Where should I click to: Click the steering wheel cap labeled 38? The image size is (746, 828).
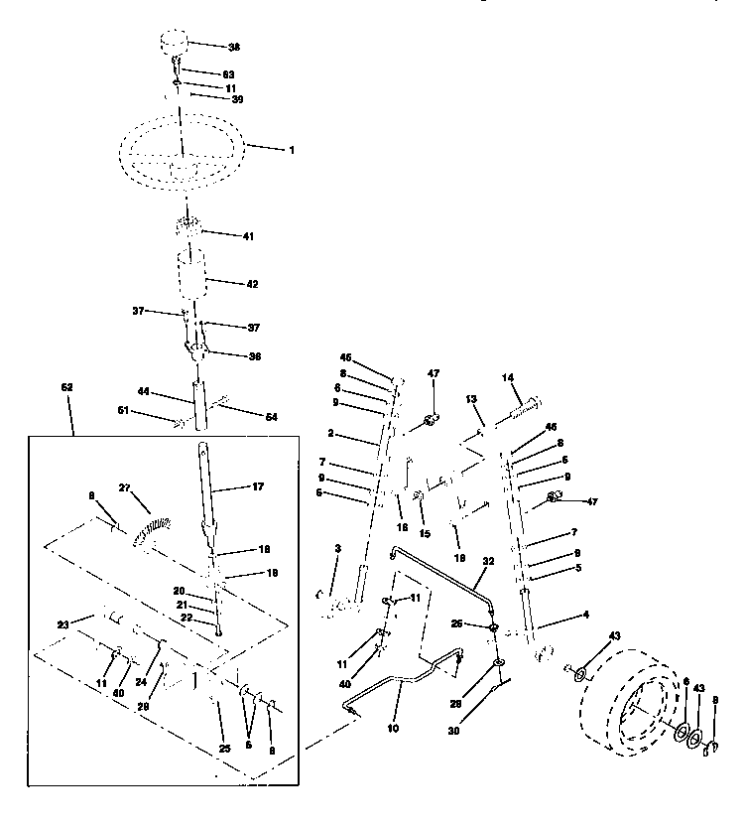175,46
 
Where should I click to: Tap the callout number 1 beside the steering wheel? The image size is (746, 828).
291,150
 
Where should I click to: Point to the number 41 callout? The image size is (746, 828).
249,236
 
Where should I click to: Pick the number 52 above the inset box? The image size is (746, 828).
67,386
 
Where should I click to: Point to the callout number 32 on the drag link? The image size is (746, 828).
488,562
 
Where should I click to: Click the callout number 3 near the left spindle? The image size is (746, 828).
337,548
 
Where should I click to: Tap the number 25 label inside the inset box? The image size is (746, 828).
224,747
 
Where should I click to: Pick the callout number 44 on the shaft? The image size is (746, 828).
144,393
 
